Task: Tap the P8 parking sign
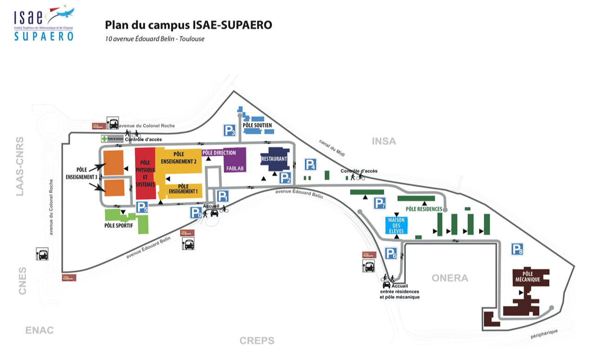pos(517,249)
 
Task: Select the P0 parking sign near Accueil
pos(196,213)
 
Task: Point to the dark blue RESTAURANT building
pos(274,159)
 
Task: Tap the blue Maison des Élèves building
pos(397,225)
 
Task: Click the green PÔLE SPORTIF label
pos(119,226)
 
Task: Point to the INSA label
pos(384,141)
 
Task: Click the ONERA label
pos(450,278)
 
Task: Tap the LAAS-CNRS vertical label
pos(20,166)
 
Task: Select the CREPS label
pos(257,341)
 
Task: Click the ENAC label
pos(40,330)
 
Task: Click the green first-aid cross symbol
pos(104,138)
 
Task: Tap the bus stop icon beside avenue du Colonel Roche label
pos(112,123)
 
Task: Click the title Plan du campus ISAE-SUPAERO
pos(188,25)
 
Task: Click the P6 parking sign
pos(391,253)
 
